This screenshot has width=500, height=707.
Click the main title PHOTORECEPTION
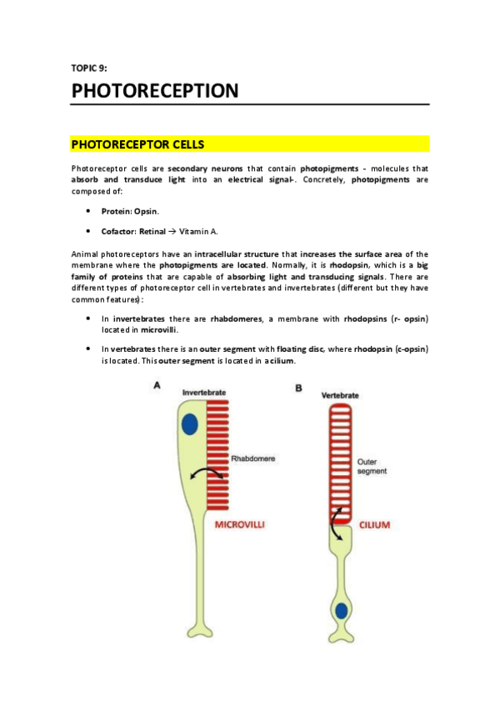coord(155,90)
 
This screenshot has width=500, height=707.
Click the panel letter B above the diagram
coord(298,388)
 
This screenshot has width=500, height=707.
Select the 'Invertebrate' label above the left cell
coord(204,391)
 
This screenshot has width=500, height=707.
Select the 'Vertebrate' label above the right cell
coord(340,394)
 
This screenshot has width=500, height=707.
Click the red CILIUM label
coord(374,525)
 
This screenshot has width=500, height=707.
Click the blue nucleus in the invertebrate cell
coord(190,424)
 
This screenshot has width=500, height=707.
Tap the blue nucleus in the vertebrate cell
coord(341,611)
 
